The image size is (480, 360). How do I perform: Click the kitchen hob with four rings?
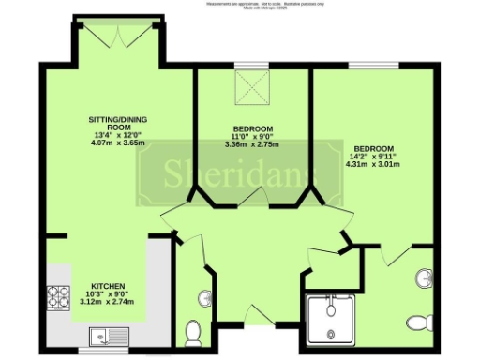tap(60, 296)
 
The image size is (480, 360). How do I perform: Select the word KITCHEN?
tap(109, 286)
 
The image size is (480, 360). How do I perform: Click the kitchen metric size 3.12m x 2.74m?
tap(109, 303)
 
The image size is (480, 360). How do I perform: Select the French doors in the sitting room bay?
tap(120, 36)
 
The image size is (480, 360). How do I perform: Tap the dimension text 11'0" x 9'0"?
tap(252, 137)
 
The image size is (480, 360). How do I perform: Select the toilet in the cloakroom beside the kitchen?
tap(195, 330)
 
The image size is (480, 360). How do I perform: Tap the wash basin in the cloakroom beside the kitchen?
tap(203, 297)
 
